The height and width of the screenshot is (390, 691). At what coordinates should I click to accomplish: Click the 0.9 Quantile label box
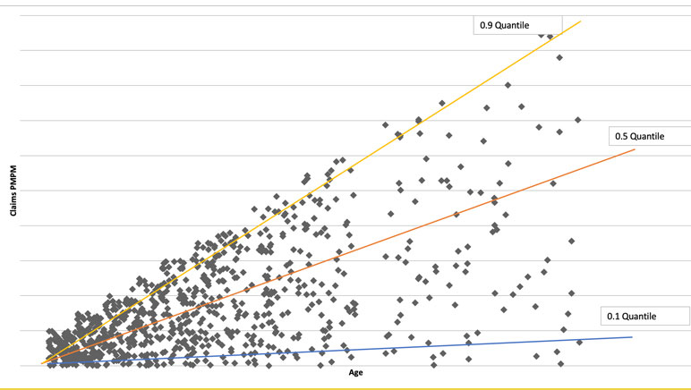(x=516, y=24)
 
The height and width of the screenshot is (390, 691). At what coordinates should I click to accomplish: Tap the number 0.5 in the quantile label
(x=620, y=136)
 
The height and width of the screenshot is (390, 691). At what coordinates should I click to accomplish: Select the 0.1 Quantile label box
(x=644, y=316)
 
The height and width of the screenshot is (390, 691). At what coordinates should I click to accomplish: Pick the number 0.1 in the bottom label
(x=613, y=316)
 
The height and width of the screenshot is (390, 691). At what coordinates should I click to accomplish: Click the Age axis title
(x=357, y=374)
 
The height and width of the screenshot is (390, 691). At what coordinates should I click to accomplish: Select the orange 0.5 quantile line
(x=358, y=246)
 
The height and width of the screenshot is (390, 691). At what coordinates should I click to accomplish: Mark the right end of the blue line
(x=632, y=336)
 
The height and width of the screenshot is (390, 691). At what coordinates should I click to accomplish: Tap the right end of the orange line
(x=634, y=149)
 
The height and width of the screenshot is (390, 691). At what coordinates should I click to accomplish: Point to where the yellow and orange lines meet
(x=43, y=362)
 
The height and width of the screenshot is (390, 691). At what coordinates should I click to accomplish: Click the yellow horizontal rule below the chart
(x=345, y=388)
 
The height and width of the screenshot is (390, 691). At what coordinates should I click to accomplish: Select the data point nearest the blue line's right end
(x=579, y=342)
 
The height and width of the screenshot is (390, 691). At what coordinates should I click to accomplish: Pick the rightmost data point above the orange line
(x=578, y=119)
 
